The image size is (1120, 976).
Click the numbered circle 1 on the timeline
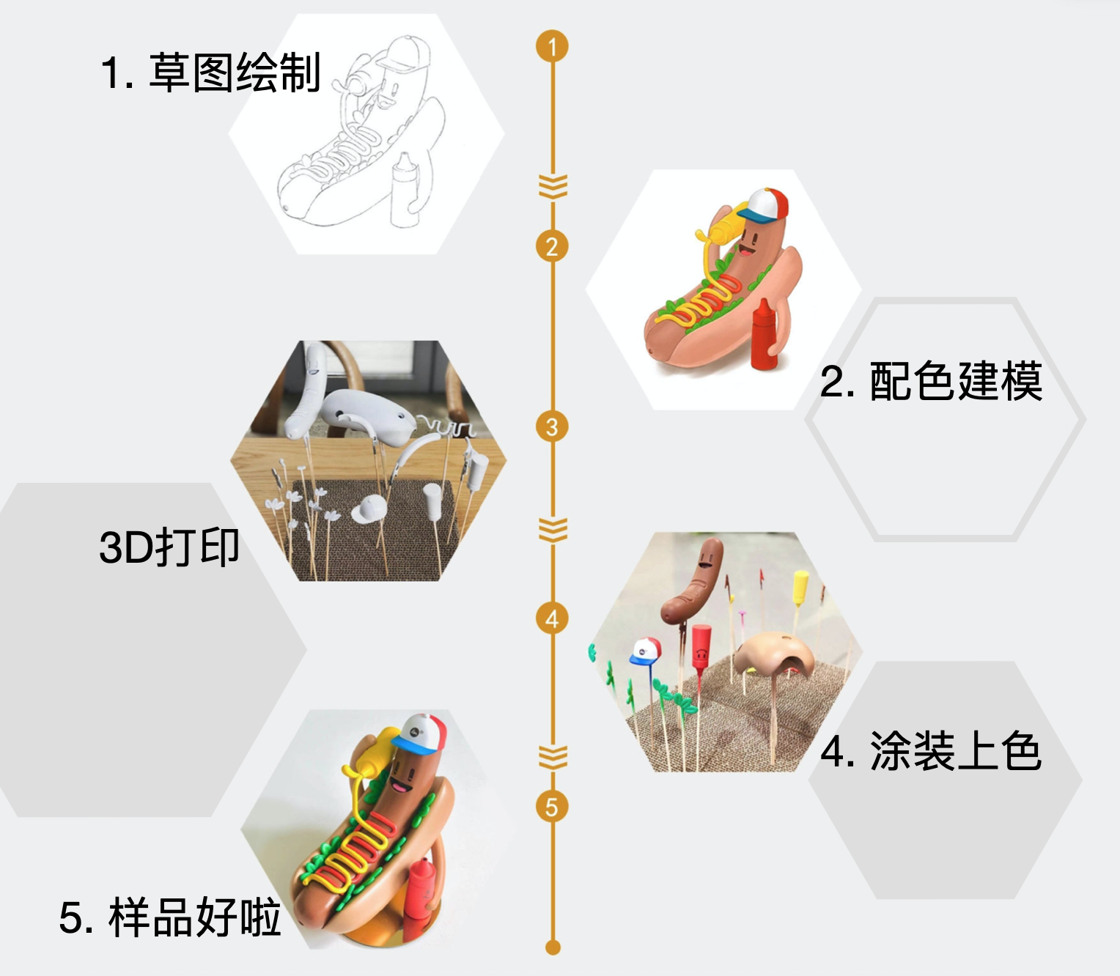click(x=552, y=46)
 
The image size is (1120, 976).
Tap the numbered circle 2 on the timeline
click(x=552, y=246)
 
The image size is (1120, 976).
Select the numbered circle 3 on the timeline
click(x=552, y=427)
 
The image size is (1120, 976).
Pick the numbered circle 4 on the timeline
click(x=552, y=618)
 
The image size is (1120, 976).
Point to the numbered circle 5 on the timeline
click(x=552, y=807)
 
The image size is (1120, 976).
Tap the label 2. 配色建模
click(x=931, y=381)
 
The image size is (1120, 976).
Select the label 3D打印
click(x=169, y=547)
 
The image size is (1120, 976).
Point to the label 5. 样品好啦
click(x=170, y=917)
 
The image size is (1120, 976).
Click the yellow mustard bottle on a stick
click(x=800, y=587)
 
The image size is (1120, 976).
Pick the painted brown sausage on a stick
click(x=693, y=581)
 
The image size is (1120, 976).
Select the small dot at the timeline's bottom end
click(x=553, y=947)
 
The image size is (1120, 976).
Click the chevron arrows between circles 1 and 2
click(x=553, y=187)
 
